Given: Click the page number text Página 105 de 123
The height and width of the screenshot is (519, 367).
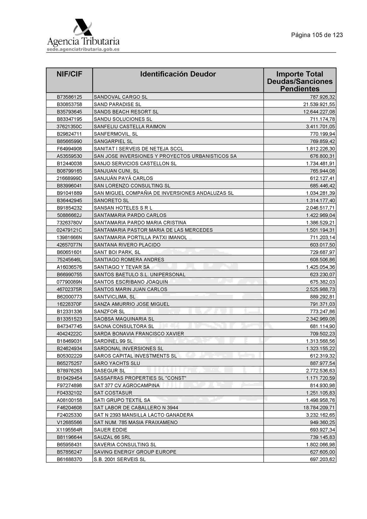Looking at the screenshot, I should click(x=317, y=35).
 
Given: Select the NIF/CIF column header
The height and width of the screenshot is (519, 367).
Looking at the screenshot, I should click(x=69, y=74).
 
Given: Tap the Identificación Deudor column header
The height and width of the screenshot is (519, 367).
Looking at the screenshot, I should click(x=178, y=74).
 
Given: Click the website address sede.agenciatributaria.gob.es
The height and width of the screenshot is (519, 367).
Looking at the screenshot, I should click(x=83, y=49).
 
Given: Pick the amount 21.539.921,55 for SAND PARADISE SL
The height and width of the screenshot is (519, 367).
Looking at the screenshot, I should click(x=319, y=104).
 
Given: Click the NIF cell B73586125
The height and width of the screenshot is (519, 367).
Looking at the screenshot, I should click(x=69, y=97).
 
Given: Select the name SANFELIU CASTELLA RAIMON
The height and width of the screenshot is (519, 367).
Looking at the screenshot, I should click(x=130, y=127).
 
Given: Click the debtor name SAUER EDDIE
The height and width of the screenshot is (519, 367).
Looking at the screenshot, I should click(x=110, y=430).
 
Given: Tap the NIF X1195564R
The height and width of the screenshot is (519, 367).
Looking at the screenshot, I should click(x=69, y=430).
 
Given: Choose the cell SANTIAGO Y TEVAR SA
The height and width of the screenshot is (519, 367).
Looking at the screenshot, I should click(x=122, y=267).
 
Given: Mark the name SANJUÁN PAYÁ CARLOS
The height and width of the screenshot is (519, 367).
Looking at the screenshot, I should click(x=123, y=178).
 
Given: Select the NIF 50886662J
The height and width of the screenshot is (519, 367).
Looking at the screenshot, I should click(x=69, y=215).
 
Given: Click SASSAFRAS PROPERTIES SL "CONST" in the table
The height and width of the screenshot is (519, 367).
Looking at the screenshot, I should click(x=140, y=378).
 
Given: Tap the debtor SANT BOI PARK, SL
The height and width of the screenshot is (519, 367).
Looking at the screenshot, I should click(x=117, y=252).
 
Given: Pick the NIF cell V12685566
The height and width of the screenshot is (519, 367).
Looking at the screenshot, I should click(x=69, y=422).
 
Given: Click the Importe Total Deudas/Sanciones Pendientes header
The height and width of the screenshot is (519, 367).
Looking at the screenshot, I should click(x=300, y=81).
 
